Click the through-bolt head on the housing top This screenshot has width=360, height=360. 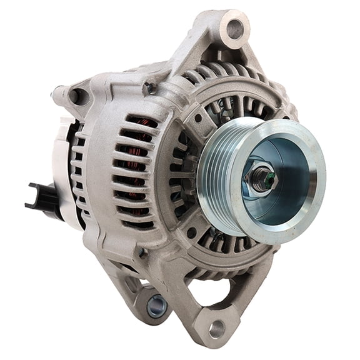pos(150,89)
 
